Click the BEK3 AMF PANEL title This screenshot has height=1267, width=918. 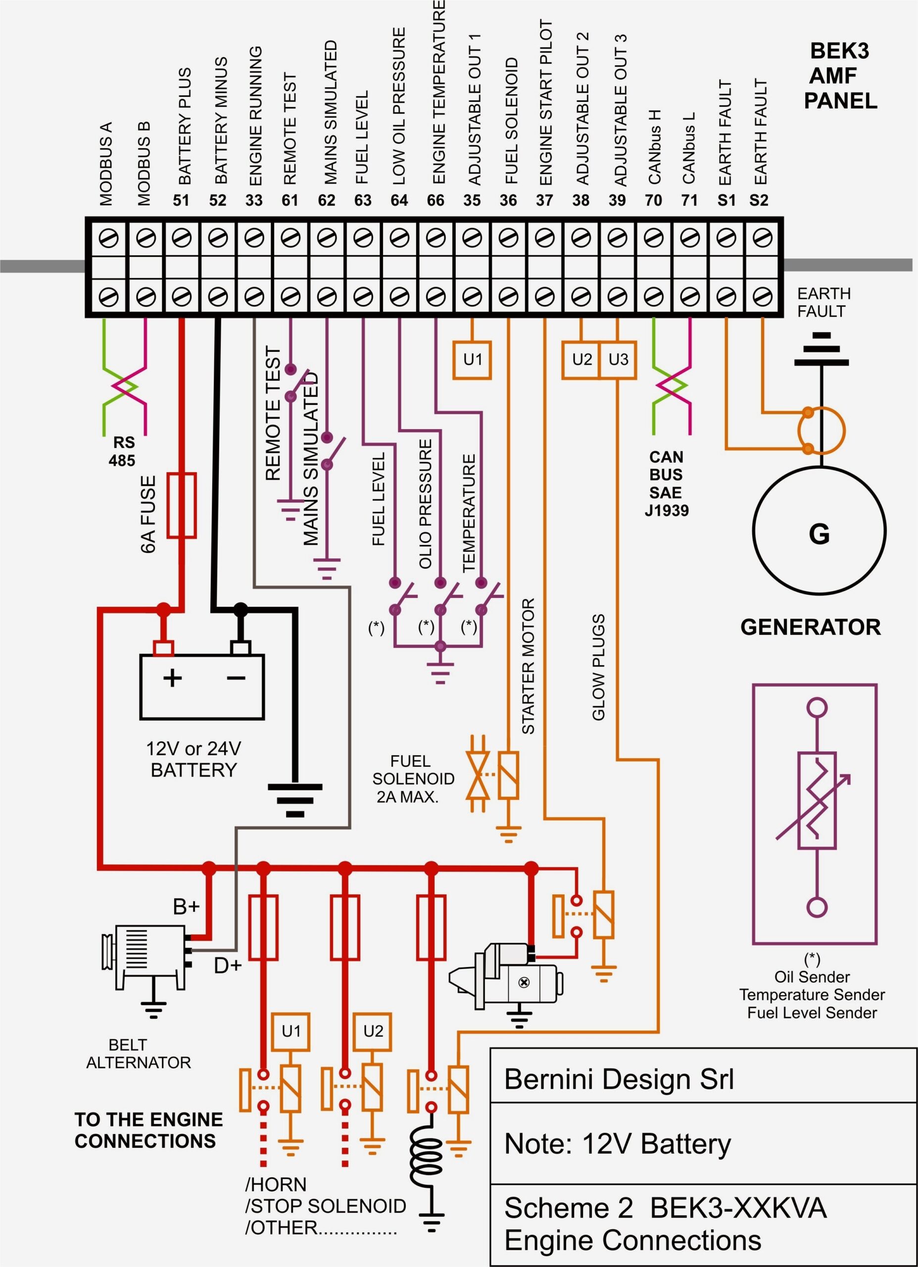pos(840,76)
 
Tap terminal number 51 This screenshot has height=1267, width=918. pos(181,200)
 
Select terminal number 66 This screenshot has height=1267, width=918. pos(435,200)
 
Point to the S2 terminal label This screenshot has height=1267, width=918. pos(759,200)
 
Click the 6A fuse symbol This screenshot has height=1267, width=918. pos(182,506)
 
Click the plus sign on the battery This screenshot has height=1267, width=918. pos(173,678)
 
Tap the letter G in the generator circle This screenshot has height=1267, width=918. pos(819,534)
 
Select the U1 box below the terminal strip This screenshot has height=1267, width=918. pos(472,360)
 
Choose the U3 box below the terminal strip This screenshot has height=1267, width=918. pos(618,360)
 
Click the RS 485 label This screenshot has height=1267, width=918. pos(123,451)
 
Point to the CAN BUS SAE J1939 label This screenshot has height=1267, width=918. pos(666,484)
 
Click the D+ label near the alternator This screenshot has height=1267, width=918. pos(228,966)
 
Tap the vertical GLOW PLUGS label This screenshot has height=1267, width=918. pos(598,668)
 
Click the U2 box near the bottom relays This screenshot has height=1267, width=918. pos(373,1031)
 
